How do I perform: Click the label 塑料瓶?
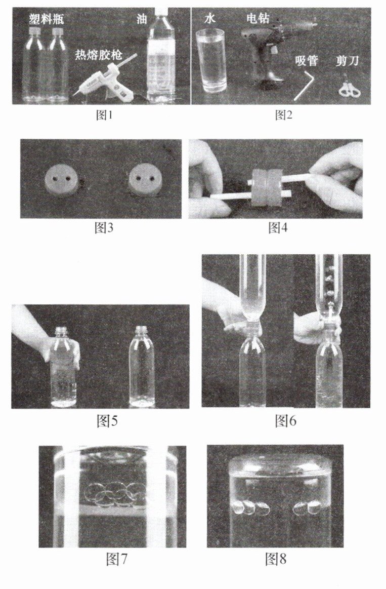point(47,18)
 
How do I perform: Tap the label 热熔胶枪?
point(99,55)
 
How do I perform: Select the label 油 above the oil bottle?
point(142,19)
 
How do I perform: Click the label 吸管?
point(307,60)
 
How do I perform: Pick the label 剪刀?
point(348,60)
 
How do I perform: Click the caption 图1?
point(104,115)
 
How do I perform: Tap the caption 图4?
point(278,227)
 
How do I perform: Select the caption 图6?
point(285,420)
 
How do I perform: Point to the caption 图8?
point(276,559)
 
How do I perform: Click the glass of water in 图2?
point(211,61)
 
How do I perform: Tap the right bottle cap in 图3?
point(144,180)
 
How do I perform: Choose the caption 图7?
point(117,559)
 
